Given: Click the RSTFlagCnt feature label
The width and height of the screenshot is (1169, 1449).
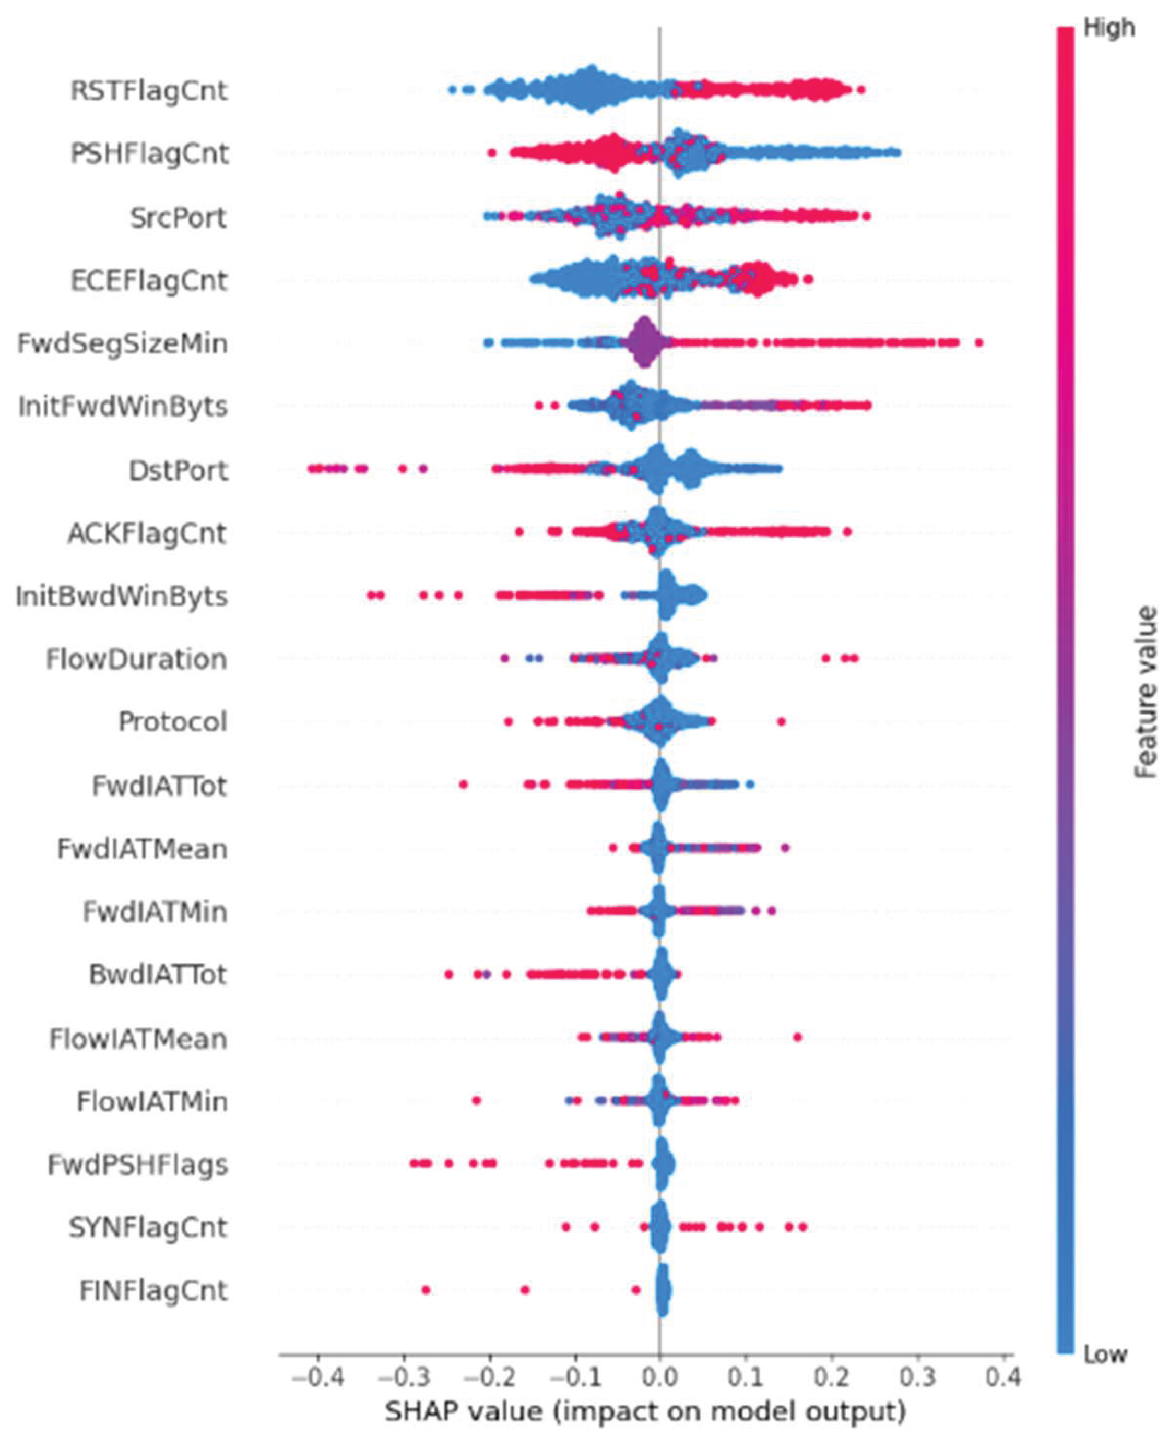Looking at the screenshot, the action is coord(149,90).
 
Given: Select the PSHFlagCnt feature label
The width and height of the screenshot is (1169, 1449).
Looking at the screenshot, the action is coord(149,153).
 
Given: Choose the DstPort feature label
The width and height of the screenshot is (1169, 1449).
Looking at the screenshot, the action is coord(179,470).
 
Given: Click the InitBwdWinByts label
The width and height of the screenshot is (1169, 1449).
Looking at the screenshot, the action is coord(121,597).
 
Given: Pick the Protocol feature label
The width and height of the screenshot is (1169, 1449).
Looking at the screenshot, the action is coord(172,722).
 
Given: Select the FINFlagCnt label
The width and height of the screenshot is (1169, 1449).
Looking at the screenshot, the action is coord(153,1291).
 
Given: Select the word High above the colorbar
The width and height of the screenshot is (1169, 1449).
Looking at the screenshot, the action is coord(1109,28).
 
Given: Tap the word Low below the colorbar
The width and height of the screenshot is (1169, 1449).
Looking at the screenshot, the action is coord(1105,1353).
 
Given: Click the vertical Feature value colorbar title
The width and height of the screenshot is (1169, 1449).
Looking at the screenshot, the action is coord(1146,692).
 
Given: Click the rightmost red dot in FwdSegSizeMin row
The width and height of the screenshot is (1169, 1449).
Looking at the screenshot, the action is coord(978,343).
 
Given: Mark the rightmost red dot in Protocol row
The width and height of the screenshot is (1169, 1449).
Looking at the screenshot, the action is coord(781,722).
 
